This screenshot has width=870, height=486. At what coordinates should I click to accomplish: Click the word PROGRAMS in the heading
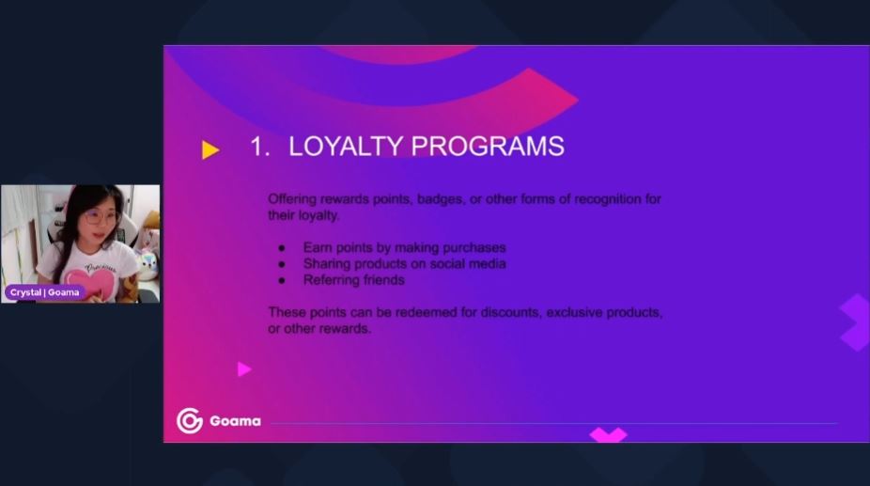pyautogui.click(x=488, y=147)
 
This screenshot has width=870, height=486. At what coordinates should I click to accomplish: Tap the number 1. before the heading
pyautogui.click(x=259, y=147)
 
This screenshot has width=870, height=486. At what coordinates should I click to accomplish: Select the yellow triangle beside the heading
pyautogui.click(x=210, y=150)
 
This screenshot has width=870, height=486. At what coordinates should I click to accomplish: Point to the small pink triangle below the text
pyautogui.click(x=244, y=369)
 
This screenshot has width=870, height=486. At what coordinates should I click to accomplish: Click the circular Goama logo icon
pyautogui.click(x=190, y=420)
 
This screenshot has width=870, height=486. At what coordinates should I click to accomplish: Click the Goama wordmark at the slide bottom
pyautogui.click(x=235, y=421)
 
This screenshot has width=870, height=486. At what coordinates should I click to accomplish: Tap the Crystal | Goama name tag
pyautogui.click(x=44, y=292)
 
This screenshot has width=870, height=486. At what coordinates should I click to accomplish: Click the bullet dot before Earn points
pyautogui.click(x=282, y=248)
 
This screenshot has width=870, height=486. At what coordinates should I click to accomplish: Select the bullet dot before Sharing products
pyautogui.click(x=282, y=264)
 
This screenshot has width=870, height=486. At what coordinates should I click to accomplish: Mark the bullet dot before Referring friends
pyautogui.click(x=282, y=280)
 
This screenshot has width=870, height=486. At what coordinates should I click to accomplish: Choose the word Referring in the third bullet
pyautogui.click(x=327, y=280)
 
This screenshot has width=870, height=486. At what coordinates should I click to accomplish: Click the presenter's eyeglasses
pyautogui.click(x=101, y=217)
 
